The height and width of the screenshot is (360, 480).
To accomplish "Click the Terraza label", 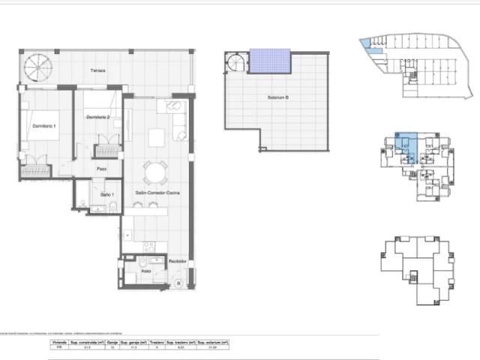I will [x=99, y=71].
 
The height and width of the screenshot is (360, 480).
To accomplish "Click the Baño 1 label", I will [x=106, y=195].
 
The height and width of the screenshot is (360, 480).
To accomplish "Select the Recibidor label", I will [x=177, y=262].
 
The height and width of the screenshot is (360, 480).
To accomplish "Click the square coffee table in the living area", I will [x=157, y=138].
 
